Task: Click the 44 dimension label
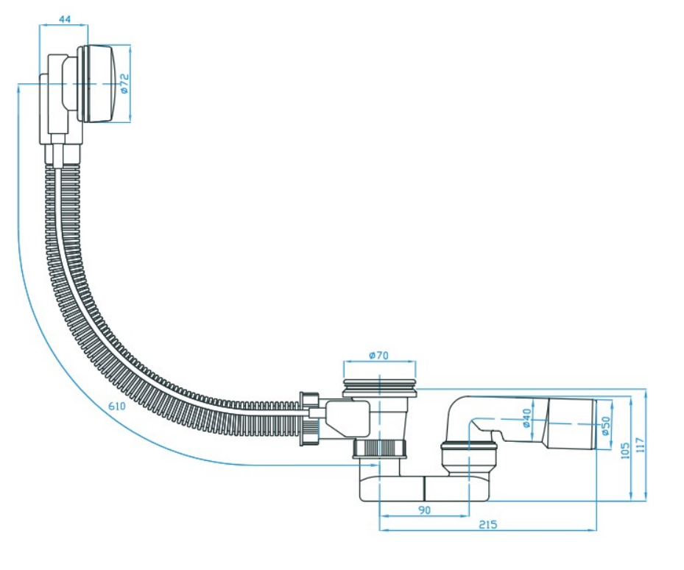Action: click(64, 19)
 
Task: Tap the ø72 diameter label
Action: click(124, 83)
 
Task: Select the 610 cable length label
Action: click(117, 407)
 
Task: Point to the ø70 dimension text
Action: click(378, 356)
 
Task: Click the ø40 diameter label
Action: click(526, 418)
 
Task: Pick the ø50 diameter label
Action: click(605, 426)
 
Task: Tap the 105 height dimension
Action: click(624, 451)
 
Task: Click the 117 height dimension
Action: click(640, 445)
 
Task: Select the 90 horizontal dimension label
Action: click(424, 510)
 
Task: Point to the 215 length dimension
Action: click(487, 524)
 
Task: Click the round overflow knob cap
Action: click(98, 83)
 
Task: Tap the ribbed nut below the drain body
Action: click(379, 449)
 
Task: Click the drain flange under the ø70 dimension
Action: click(379, 388)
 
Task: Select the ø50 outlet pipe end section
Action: click(571, 423)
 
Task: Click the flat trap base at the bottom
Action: click(424, 488)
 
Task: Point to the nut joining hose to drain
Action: click(310, 419)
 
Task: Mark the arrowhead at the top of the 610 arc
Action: click(18, 88)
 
